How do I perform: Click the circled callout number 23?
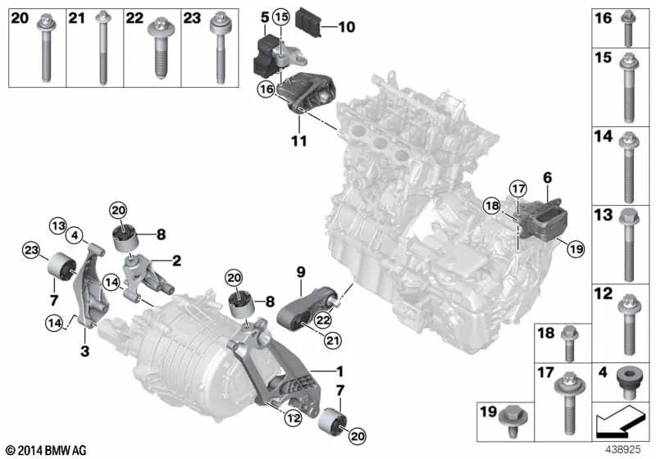pos(31,252)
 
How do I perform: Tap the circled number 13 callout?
pos(58,226)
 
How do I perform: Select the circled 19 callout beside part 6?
pos(576,249)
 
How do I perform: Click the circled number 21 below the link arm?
pos(332,341)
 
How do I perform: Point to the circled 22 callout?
pos(323,320)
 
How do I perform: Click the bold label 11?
pos(298,141)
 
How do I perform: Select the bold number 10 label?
pos(346,27)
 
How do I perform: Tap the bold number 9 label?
pos(301,273)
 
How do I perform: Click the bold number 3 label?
pos(85,351)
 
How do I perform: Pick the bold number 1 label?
pos(340,371)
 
